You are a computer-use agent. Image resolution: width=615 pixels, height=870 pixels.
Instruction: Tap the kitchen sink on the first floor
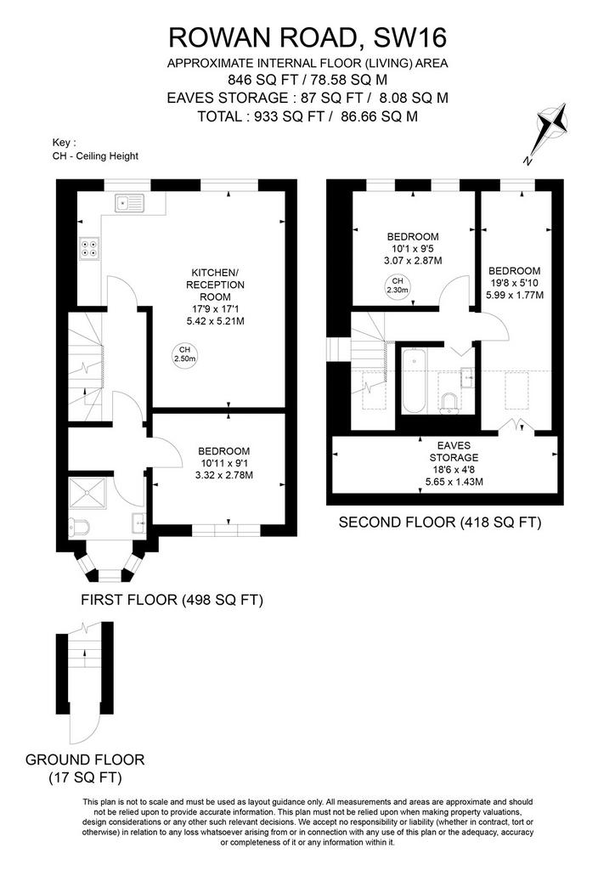[x=130, y=203]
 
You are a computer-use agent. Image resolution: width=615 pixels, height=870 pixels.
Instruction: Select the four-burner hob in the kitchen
[x=90, y=248]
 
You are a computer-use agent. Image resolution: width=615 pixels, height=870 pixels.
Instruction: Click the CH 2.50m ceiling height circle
[x=184, y=354]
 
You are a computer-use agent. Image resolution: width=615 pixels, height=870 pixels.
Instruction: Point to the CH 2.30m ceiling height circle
[x=398, y=285]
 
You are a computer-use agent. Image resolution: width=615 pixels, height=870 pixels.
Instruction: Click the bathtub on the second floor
[x=414, y=381]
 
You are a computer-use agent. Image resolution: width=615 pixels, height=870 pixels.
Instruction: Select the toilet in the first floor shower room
[x=77, y=528]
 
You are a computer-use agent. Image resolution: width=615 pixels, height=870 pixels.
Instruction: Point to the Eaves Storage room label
[x=454, y=451]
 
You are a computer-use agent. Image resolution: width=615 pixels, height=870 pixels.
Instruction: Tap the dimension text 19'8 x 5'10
[x=514, y=283]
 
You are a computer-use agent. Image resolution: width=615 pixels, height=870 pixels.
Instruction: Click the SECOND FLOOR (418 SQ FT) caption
[x=440, y=523]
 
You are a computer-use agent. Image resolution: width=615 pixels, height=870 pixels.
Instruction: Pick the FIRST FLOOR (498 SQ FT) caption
[x=172, y=600]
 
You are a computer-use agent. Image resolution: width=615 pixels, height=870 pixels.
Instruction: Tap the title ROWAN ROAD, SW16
[x=307, y=37]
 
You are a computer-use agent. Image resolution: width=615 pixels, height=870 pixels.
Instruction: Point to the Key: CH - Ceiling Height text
[x=95, y=150]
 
